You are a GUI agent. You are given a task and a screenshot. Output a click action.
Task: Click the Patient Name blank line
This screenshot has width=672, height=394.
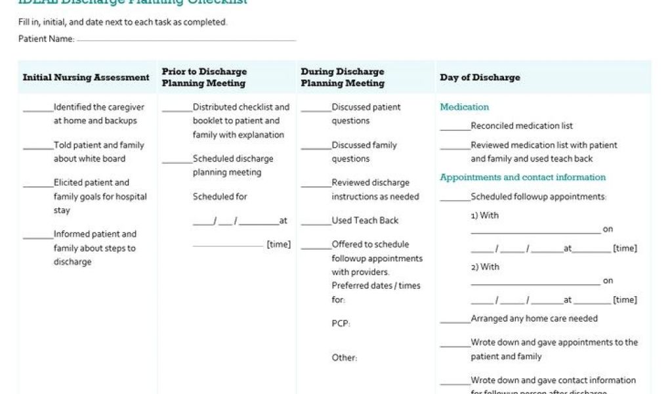[186, 40]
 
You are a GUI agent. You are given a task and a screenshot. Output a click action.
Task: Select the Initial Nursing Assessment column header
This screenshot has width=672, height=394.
[86, 77]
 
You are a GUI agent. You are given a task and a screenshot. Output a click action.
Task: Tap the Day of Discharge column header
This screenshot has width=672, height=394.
[480, 77]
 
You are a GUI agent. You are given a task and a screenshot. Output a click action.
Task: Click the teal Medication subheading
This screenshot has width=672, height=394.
[464, 107]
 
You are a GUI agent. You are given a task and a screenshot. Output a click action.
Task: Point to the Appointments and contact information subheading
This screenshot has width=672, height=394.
[522, 177]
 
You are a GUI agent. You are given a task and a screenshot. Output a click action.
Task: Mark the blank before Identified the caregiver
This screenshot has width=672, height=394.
[38, 110]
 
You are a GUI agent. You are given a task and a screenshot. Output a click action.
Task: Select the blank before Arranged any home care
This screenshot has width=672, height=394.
[455, 321]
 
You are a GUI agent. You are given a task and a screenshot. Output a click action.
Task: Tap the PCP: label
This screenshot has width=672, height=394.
[341, 323]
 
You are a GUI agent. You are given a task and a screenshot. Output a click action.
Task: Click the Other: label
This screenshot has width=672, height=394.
[344, 358]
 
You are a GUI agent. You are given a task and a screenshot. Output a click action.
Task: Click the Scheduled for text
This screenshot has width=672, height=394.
[219, 196]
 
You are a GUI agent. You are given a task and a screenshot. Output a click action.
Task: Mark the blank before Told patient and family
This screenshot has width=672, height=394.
[38, 148]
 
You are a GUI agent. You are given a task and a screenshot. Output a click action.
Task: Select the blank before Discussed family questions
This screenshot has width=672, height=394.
[316, 148]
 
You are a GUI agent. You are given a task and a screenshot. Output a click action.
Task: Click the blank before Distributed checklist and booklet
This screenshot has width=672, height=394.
[177, 110]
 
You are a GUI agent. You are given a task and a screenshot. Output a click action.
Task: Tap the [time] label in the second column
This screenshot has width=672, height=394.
[278, 244]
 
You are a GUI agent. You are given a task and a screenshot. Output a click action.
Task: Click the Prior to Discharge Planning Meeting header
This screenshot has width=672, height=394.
[204, 77]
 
